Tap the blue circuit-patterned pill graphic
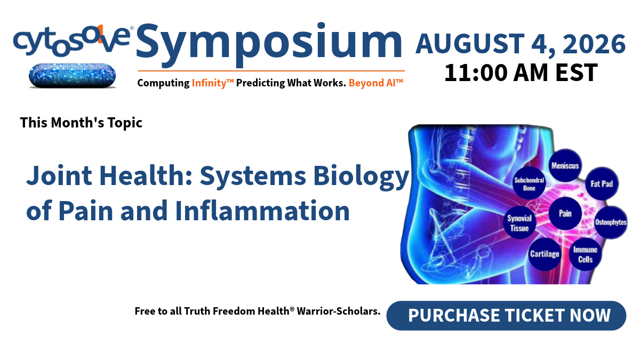[x=73, y=76]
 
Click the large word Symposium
[x=269, y=45]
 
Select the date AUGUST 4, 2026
[x=521, y=44]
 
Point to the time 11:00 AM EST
[x=521, y=73]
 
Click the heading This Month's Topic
[x=81, y=123]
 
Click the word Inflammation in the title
[x=262, y=211]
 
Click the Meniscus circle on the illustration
[x=565, y=165]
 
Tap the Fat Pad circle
[x=602, y=183]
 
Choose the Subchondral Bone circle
[x=529, y=183]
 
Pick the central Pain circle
[x=565, y=213]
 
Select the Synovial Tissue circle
[x=519, y=222]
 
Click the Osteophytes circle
[x=611, y=222]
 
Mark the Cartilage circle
[x=545, y=254]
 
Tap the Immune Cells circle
[x=585, y=254]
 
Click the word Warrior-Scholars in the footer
[x=339, y=311]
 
